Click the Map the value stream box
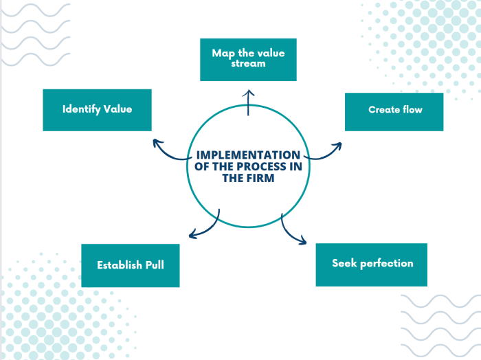tap(248, 59)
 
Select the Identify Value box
tap(97, 109)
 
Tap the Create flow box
tap(394, 110)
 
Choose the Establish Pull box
tap(131, 265)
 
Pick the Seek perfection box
tap(371, 265)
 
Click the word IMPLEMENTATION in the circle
tap(248, 155)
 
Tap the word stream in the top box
tap(248, 65)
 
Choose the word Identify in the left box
tap(82, 109)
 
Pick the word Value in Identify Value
tap(118, 109)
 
